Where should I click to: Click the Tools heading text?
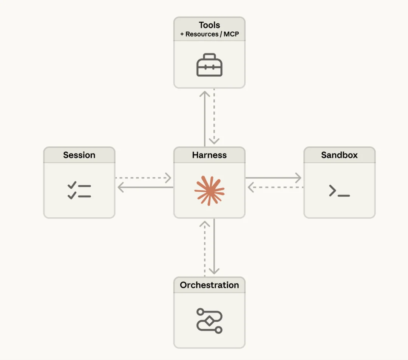(209, 25)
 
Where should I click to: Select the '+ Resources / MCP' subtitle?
(209, 34)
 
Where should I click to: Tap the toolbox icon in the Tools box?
(209, 65)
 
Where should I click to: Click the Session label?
(79, 155)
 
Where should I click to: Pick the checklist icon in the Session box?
(79, 191)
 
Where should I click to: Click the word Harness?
(209, 155)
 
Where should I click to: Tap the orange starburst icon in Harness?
(209, 191)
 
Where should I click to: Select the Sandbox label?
(339, 155)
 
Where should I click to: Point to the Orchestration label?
(209, 285)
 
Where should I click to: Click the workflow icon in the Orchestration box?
(209, 320)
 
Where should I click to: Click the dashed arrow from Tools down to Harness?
(214, 117)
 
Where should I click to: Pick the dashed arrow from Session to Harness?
(144, 177)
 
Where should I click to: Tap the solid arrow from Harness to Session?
(145, 187)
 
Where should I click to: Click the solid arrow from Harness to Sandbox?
(274, 177)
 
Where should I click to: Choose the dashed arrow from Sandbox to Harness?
(276, 187)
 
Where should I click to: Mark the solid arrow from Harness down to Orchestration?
(214, 247)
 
